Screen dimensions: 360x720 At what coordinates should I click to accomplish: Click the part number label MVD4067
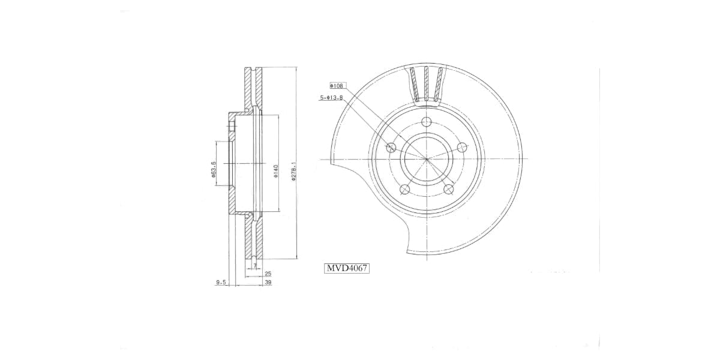[347, 268]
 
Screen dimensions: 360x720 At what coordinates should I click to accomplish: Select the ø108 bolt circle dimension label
[337, 86]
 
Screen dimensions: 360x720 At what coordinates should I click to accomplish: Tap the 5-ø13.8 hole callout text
[331, 97]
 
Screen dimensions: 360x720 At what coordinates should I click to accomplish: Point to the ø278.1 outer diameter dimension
[293, 170]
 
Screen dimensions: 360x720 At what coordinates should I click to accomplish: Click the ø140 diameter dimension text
[274, 172]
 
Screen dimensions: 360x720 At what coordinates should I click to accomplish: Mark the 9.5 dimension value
[221, 282]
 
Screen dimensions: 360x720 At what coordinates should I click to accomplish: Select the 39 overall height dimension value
[268, 282]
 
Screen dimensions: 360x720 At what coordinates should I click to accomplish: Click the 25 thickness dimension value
[268, 274]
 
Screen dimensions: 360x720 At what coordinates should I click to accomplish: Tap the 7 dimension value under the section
[254, 265]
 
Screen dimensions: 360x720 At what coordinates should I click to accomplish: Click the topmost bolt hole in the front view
[427, 122]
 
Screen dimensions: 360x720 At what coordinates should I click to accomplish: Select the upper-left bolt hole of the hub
[391, 148]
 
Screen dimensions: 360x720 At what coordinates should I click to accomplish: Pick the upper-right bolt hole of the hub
[461, 148]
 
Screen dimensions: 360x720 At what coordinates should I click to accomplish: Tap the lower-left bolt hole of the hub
[404, 190]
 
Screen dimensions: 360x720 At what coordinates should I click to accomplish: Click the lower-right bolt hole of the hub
[448, 190]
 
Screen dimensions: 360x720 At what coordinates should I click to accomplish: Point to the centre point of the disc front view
[427, 159]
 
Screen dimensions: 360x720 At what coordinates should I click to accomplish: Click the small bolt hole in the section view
[232, 127]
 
